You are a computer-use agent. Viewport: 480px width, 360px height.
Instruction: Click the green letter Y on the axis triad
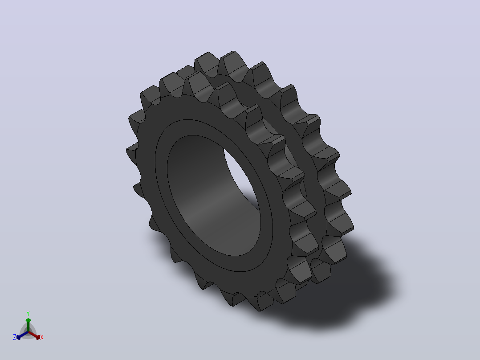(x=28, y=313)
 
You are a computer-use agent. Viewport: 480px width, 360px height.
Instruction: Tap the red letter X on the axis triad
(x=42, y=337)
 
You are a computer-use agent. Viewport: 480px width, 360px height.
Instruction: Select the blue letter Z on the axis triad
(x=15, y=337)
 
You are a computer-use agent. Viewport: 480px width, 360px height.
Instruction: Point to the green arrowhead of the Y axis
(x=28, y=320)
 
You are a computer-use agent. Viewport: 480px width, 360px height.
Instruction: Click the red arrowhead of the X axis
(x=38, y=337)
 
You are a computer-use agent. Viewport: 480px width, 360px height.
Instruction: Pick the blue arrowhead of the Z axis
(x=19, y=337)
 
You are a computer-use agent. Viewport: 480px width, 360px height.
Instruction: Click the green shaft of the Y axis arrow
(x=28, y=327)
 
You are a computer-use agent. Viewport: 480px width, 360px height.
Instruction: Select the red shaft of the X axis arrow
(x=33, y=335)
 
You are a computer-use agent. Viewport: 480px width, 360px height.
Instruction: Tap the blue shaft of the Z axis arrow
(x=24, y=335)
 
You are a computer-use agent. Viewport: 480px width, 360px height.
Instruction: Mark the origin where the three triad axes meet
(x=28, y=332)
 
